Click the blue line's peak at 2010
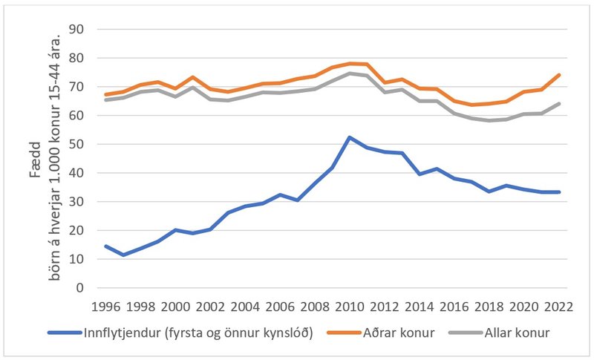(x=349, y=137)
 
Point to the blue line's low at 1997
(x=124, y=255)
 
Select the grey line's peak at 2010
(x=349, y=73)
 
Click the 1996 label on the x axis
(x=107, y=305)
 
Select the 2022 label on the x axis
(x=557, y=305)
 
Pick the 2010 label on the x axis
(x=349, y=305)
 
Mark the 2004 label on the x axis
(x=245, y=305)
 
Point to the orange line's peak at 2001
(x=193, y=77)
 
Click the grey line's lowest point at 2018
(x=488, y=120)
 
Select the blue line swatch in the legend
(x=65, y=333)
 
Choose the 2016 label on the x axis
(x=453, y=305)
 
